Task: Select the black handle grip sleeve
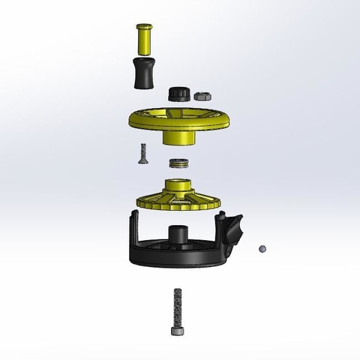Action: pyautogui.click(x=144, y=73)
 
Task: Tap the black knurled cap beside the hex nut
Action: pyautogui.click(x=178, y=94)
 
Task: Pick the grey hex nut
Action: pyautogui.click(x=201, y=95)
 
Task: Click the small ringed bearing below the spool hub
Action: pyautogui.click(x=178, y=163)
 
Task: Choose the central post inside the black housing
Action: pyautogui.click(x=178, y=234)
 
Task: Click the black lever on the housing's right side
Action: pyautogui.click(x=233, y=226)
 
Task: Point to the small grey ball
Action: pyautogui.click(x=262, y=247)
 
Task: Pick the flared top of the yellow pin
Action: pyautogui.click(x=144, y=27)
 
